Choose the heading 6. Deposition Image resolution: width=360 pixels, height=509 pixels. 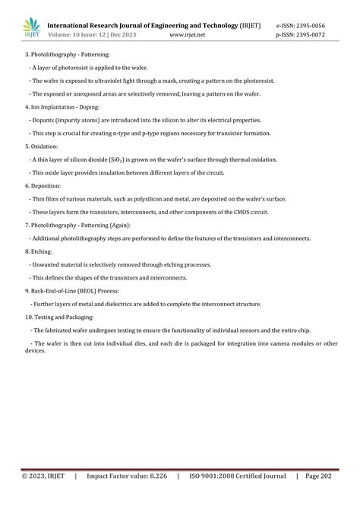[43, 185]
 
